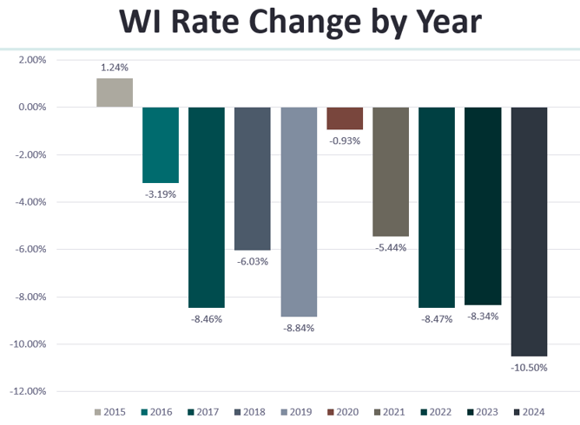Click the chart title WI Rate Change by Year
(x=289, y=23)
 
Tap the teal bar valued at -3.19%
(x=161, y=145)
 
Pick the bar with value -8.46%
(x=207, y=207)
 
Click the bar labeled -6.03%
(x=253, y=179)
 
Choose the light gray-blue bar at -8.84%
(x=299, y=212)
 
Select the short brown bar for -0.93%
(x=345, y=118)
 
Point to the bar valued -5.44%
(x=391, y=172)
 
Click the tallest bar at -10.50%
(x=529, y=232)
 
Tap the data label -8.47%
(x=437, y=319)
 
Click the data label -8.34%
(x=483, y=317)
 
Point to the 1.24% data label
(x=115, y=67)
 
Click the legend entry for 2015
(x=110, y=411)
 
